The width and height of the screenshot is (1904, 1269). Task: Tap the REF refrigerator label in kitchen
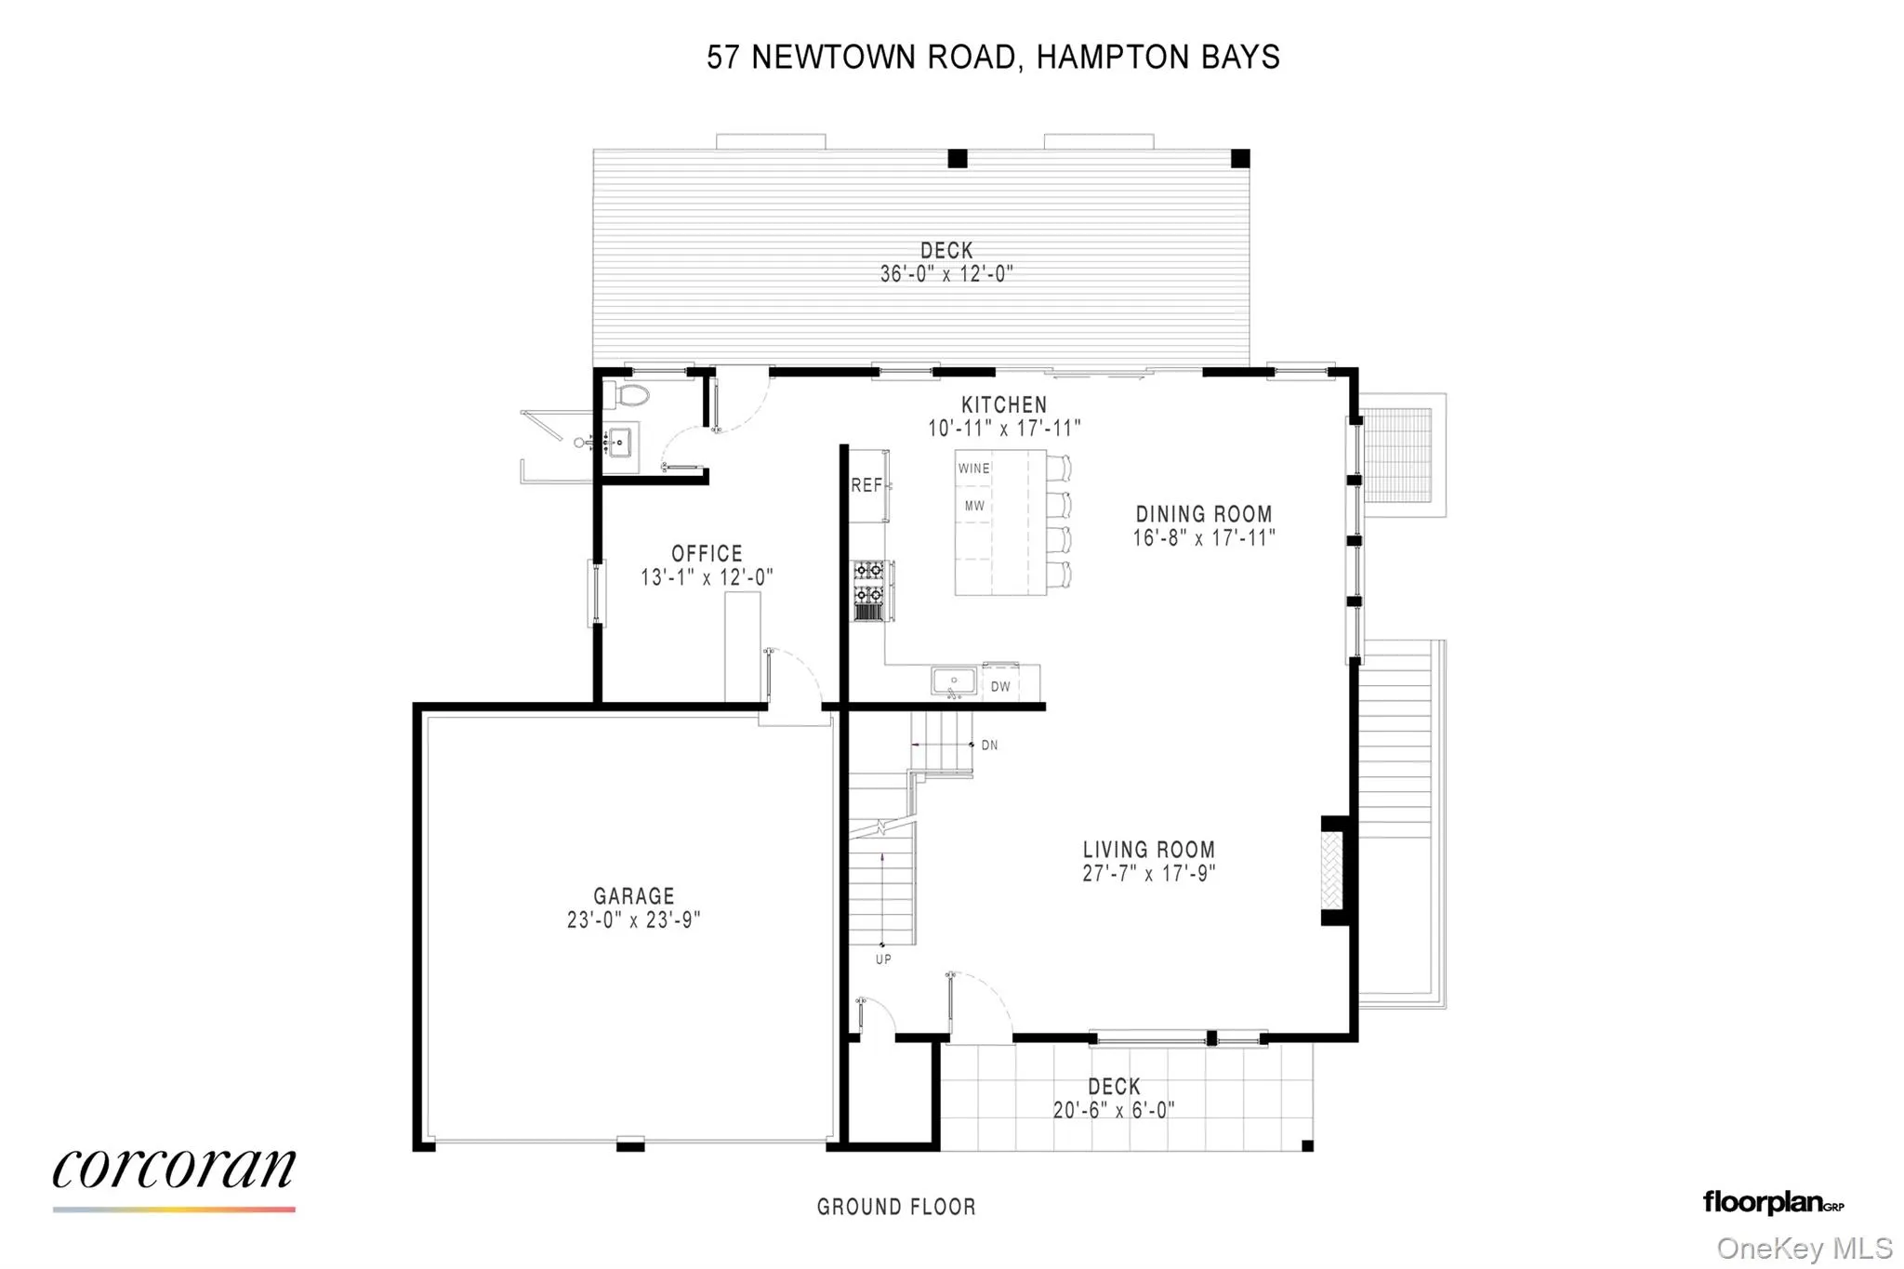[866, 485]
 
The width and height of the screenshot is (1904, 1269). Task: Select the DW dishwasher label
[1000, 687]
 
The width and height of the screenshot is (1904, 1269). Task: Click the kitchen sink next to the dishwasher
[954, 681]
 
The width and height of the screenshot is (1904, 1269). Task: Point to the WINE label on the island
[973, 469]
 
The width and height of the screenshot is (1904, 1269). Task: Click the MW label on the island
[973, 507]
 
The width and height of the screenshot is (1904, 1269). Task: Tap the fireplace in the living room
[1332, 870]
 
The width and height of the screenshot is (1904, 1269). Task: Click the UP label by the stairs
[883, 959]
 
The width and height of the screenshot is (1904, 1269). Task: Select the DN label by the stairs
[989, 746]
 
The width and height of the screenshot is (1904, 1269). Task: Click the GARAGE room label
[633, 896]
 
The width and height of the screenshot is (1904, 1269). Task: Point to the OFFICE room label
[707, 554]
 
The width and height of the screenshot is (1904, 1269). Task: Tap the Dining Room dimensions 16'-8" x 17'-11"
[1203, 538]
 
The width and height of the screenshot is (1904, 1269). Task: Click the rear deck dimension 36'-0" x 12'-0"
[945, 274]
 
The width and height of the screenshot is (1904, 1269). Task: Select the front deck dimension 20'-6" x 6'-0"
[1113, 1110]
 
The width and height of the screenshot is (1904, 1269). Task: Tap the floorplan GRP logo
[1772, 1203]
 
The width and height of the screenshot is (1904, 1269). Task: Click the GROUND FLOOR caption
[896, 1207]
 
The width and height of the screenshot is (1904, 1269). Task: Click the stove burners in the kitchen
[868, 582]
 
